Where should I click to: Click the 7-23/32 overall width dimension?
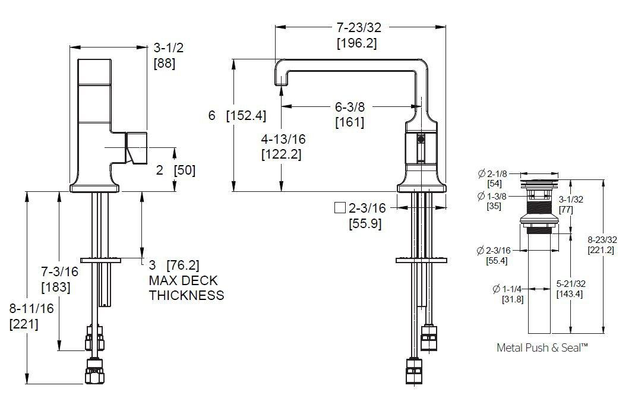359,27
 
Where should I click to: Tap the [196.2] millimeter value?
357,43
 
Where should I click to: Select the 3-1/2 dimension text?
169,48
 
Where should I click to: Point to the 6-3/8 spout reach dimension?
349,107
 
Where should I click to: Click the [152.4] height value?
247,115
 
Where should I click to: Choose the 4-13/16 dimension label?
283,140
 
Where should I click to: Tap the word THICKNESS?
187,295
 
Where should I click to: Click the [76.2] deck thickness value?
183,266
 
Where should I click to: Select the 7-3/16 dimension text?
59,271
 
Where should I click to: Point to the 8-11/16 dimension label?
31,308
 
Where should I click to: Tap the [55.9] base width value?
365,223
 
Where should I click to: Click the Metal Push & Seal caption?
542,347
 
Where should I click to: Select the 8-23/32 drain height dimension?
602,240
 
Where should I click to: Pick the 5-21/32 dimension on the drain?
571,284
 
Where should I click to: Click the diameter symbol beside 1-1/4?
497,289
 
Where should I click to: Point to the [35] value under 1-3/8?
494,206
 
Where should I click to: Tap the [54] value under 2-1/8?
494,184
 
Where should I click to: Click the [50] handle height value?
185,170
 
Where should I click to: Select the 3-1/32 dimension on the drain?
571,200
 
